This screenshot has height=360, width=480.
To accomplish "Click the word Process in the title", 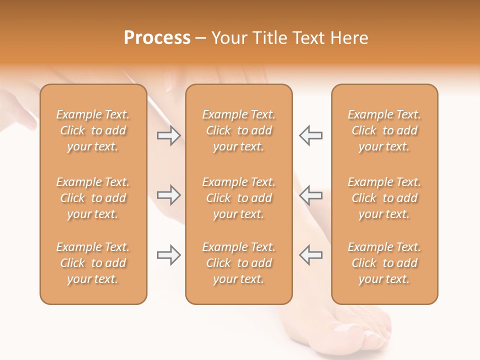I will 157,38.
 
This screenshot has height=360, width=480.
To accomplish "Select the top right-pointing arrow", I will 169,135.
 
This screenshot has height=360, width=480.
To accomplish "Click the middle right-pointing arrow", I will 169,195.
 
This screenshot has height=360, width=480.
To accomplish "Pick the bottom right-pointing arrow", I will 169,255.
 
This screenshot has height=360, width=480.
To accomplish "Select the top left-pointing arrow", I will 310,135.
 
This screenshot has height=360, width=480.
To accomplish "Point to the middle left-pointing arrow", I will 310,195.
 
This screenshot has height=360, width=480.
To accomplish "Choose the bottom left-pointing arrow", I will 310,255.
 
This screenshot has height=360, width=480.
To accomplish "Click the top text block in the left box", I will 93,130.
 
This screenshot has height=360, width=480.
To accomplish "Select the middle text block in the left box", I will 93,198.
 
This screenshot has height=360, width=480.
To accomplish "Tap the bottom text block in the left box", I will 93,263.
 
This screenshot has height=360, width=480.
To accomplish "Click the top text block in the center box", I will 238,130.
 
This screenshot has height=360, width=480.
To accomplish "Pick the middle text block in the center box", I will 238,198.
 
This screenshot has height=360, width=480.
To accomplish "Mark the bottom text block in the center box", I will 238,263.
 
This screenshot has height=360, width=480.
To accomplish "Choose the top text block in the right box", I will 384,130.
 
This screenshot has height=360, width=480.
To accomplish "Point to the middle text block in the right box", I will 384,198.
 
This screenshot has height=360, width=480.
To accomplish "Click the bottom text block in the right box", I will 384,263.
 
